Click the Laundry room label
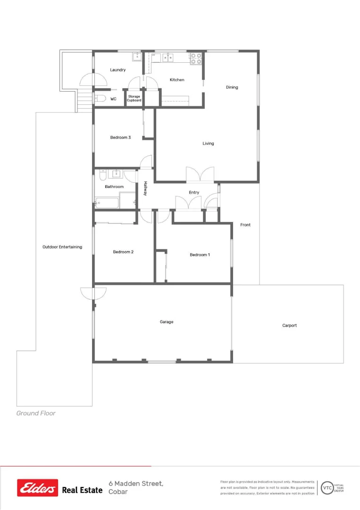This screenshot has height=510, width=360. pyautogui.click(x=118, y=70)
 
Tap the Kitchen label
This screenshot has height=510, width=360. pyautogui.click(x=177, y=80)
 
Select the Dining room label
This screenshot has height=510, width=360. pyautogui.click(x=232, y=87)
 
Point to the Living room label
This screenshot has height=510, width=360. pyautogui.click(x=208, y=144)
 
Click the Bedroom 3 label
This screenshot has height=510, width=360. pyautogui.click(x=120, y=137)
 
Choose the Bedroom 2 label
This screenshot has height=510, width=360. pyautogui.click(x=123, y=252)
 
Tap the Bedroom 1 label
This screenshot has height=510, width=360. pyautogui.click(x=200, y=255)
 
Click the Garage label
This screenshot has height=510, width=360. pyautogui.click(x=167, y=322)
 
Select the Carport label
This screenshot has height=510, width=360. pyautogui.click(x=290, y=325)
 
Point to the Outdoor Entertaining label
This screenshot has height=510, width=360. pyautogui.click(x=62, y=247)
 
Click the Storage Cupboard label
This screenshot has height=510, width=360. pyautogui.click(x=134, y=98)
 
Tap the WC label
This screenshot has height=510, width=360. pyautogui.click(x=113, y=99)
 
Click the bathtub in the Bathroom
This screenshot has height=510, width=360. pyautogui.click(x=107, y=204)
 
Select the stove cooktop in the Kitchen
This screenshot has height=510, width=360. pyautogui.click(x=196, y=59)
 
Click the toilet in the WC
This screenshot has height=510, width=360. pyautogui.click(x=100, y=99)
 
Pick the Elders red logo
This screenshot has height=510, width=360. pyautogui.click(x=38, y=488)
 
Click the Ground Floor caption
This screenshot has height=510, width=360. pyautogui.click(x=36, y=413)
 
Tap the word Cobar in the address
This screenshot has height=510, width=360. pyautogui.click(x=118, y=492)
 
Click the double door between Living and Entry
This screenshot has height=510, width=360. pyautogui.click(x=200, y=175)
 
